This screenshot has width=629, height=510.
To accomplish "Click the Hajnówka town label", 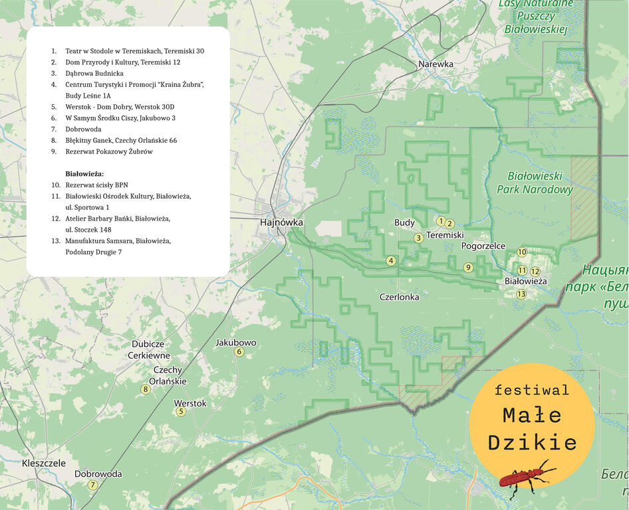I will pos(281,223).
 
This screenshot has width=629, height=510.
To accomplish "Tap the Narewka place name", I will pos(436,64).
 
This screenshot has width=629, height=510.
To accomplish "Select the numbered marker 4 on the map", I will pos(391,261).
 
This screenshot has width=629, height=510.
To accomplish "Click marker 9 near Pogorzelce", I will pos(468,268).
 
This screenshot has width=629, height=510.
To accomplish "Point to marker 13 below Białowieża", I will pos(521,294).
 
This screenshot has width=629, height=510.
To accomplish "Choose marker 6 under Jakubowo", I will pos(239,352).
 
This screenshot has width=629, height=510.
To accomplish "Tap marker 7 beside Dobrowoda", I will pos(92,485).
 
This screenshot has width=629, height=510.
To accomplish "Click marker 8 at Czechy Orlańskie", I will pos(145,389).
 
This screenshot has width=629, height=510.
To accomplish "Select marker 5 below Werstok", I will pos(180,412).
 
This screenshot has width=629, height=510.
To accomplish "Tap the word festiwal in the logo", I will pos(531,390).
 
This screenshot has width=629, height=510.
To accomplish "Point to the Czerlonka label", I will pos(399,297).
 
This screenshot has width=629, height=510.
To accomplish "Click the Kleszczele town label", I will pos(44,463).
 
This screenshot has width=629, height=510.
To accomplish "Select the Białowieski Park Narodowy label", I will pos(535,183).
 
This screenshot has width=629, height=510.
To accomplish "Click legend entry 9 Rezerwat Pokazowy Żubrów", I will pos(109,151).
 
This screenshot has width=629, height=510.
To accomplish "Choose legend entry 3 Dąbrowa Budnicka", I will pos(94,73).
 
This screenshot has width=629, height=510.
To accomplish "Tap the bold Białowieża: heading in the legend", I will pos(84,174).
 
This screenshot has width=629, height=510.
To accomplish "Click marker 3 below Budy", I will pos(418,238).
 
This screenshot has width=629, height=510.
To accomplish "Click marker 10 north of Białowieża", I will pos(522,252).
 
